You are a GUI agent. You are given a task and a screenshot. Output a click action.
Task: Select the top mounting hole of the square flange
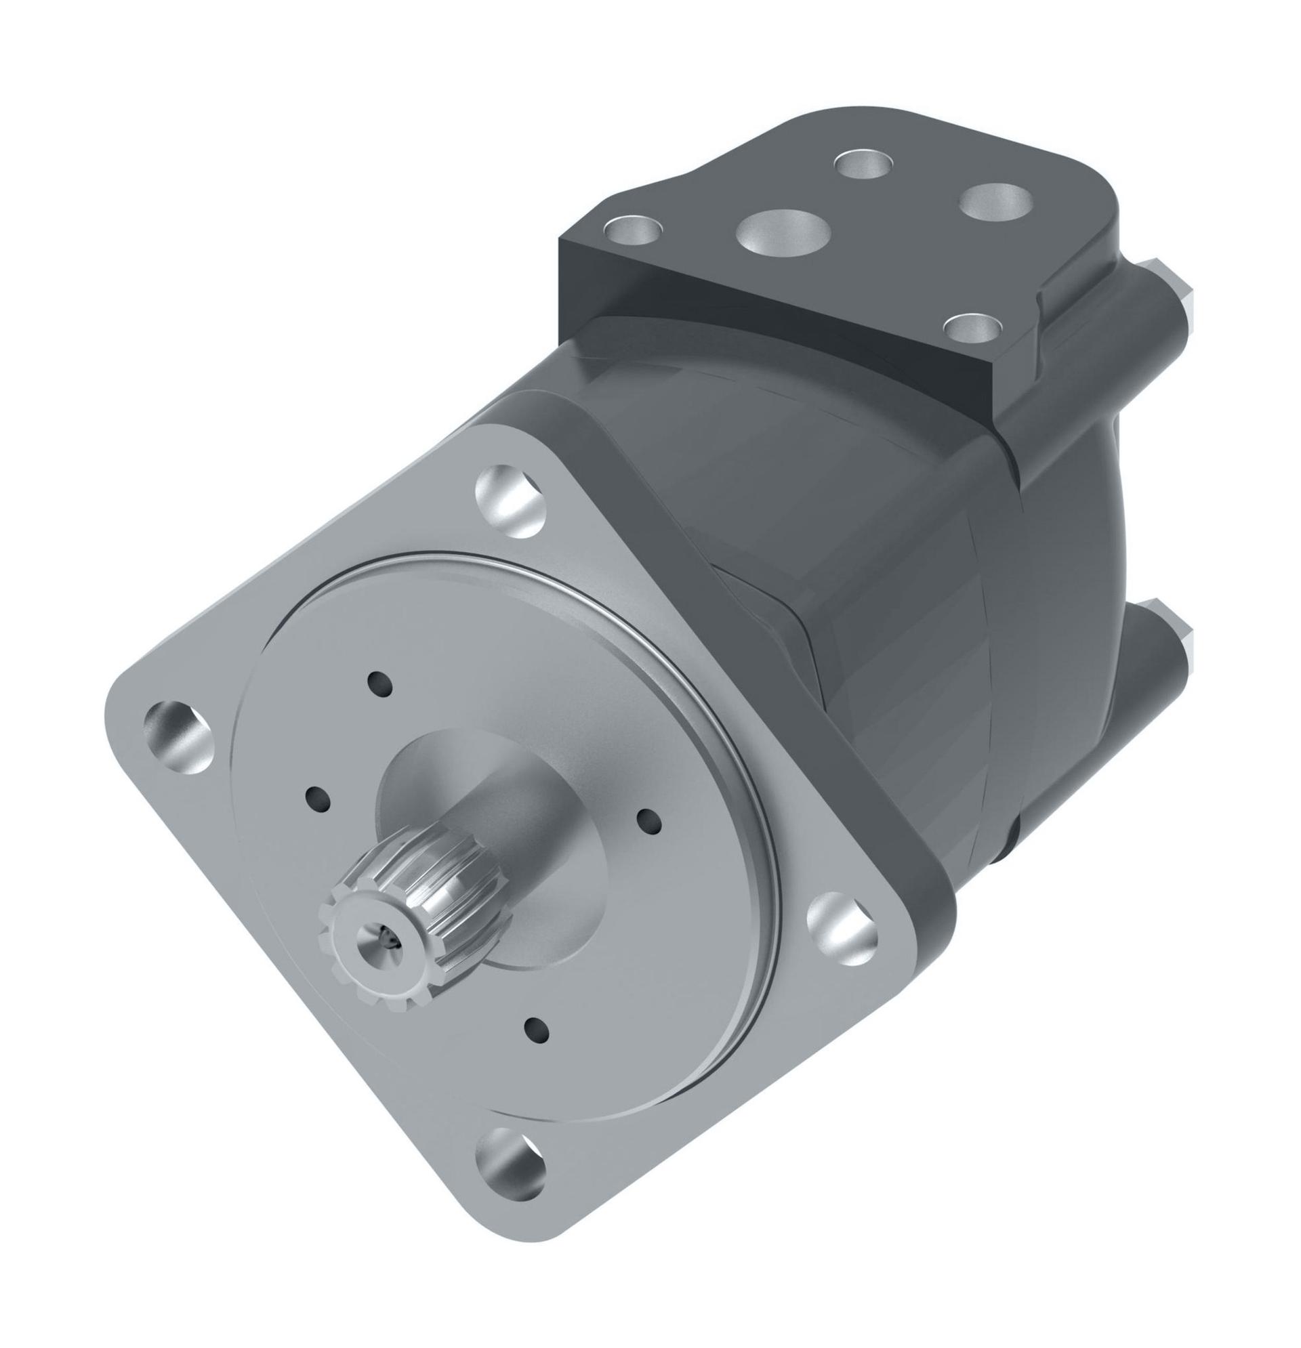pos(510,499)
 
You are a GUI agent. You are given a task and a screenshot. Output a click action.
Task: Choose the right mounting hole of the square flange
pos(842,926)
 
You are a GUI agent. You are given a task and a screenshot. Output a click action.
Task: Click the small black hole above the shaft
pos(380,685)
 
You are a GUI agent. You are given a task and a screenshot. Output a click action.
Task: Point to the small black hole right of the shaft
pos(648,821)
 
